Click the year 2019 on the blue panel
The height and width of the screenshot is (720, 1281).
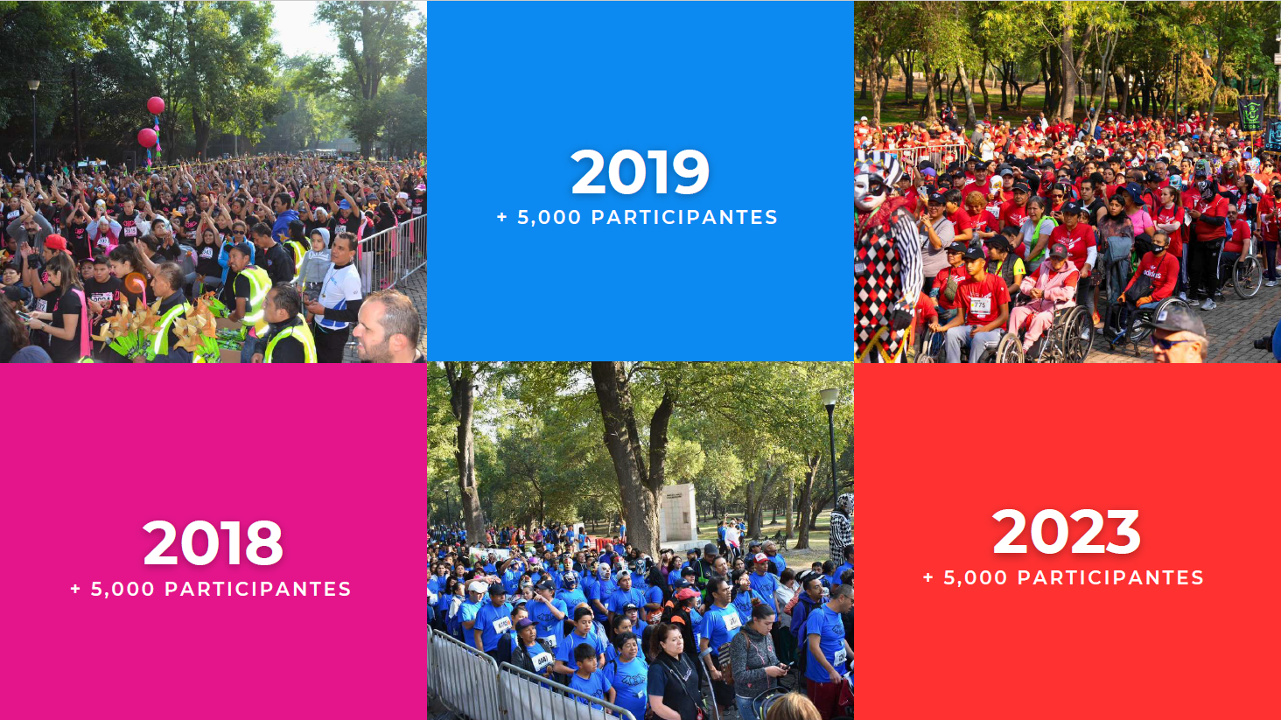pyautogui.click(x=640, y=172)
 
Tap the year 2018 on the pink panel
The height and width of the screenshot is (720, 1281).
pyautogui.click(x=213, y=543)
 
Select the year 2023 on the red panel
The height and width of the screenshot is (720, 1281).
pyautogui.click(x=1066, y=532)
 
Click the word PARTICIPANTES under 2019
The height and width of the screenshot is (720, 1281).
pyautogui.click(x=684, y=218)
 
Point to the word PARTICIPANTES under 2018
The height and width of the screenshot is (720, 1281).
pyautogui.click(x=258, y=590)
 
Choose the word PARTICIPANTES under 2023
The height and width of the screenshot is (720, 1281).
pyautogui.click(x=1110, y=578)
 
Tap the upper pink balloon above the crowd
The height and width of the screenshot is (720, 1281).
pyautogui.click(x=156, y=106)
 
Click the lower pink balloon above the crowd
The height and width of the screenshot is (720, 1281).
pyautogui.click(x=147, y=137)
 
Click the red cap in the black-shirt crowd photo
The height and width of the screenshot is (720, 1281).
pyautogui.click(x=55, y=242)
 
